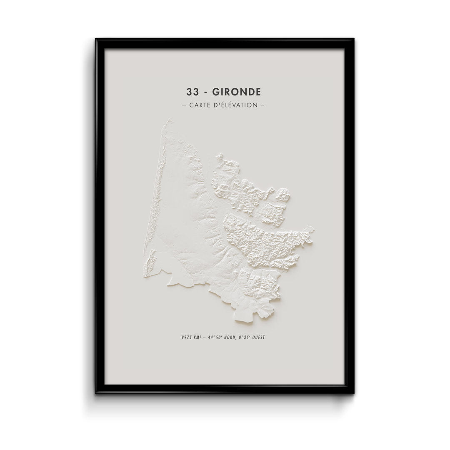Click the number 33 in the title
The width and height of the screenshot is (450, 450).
[192, 91]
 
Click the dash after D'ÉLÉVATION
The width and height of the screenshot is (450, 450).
[262, 105]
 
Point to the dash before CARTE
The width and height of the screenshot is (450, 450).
[184, 105]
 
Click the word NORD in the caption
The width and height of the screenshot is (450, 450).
[231, 337]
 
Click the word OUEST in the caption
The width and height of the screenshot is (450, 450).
[259, 337]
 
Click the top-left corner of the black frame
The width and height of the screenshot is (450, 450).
[97, 40]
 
